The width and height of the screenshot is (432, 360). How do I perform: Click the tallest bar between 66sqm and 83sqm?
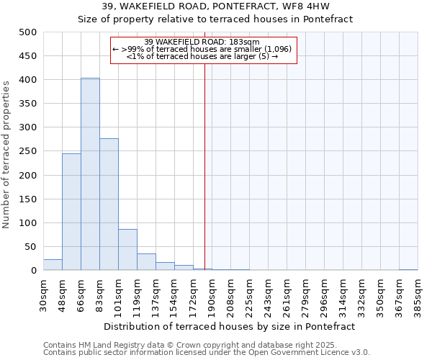point(90,174)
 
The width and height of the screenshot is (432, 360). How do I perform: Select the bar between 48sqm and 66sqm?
point(71,212)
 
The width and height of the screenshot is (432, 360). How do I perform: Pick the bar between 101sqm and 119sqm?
point(127,250)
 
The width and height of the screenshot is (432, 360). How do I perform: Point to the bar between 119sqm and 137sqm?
point(146,262)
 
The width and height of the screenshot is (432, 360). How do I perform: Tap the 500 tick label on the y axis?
point(28,32)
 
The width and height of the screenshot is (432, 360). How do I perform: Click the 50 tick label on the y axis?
point(31,247)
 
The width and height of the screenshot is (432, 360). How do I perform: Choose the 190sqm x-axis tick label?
point(212,294)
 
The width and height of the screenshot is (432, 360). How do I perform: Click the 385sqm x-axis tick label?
point(418,294)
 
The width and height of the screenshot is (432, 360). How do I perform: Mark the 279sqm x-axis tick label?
point(305,294)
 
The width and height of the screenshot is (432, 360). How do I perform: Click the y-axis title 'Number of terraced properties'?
point(7,154)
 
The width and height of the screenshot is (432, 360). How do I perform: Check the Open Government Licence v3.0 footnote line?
point(207,352)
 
